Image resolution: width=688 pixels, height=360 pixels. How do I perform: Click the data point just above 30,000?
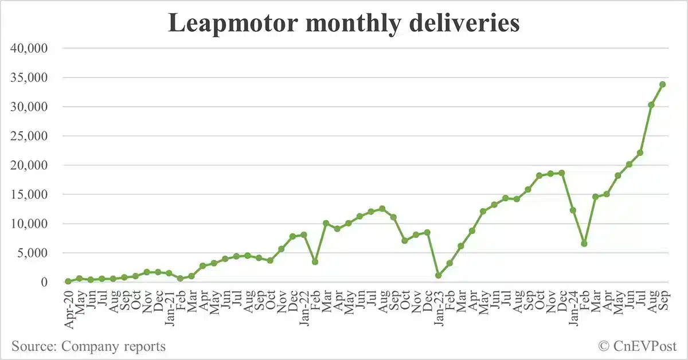[651, 105]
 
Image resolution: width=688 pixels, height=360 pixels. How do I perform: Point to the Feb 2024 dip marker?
[584, 244]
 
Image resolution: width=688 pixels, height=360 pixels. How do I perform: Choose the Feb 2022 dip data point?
[315, 261]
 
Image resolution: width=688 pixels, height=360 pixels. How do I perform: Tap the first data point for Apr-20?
[68, 281]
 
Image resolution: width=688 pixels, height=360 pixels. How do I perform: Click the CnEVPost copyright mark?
[637, 346]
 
